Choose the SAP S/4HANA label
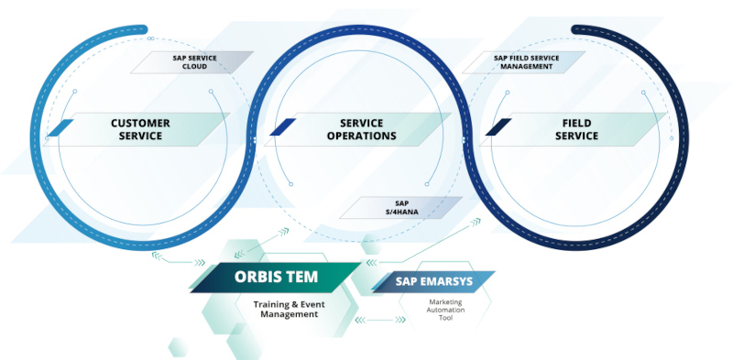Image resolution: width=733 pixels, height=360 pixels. point(399,207)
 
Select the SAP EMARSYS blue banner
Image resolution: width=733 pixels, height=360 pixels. point(435,282)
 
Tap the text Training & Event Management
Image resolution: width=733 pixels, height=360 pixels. point(286,309)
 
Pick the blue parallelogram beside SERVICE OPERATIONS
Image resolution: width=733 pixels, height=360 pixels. point(282,128)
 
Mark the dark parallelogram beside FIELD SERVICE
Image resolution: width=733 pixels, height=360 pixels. point(498,128)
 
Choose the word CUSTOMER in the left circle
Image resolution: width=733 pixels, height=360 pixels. point(140,123)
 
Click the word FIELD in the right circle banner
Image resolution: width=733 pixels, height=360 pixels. point(579,123)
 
